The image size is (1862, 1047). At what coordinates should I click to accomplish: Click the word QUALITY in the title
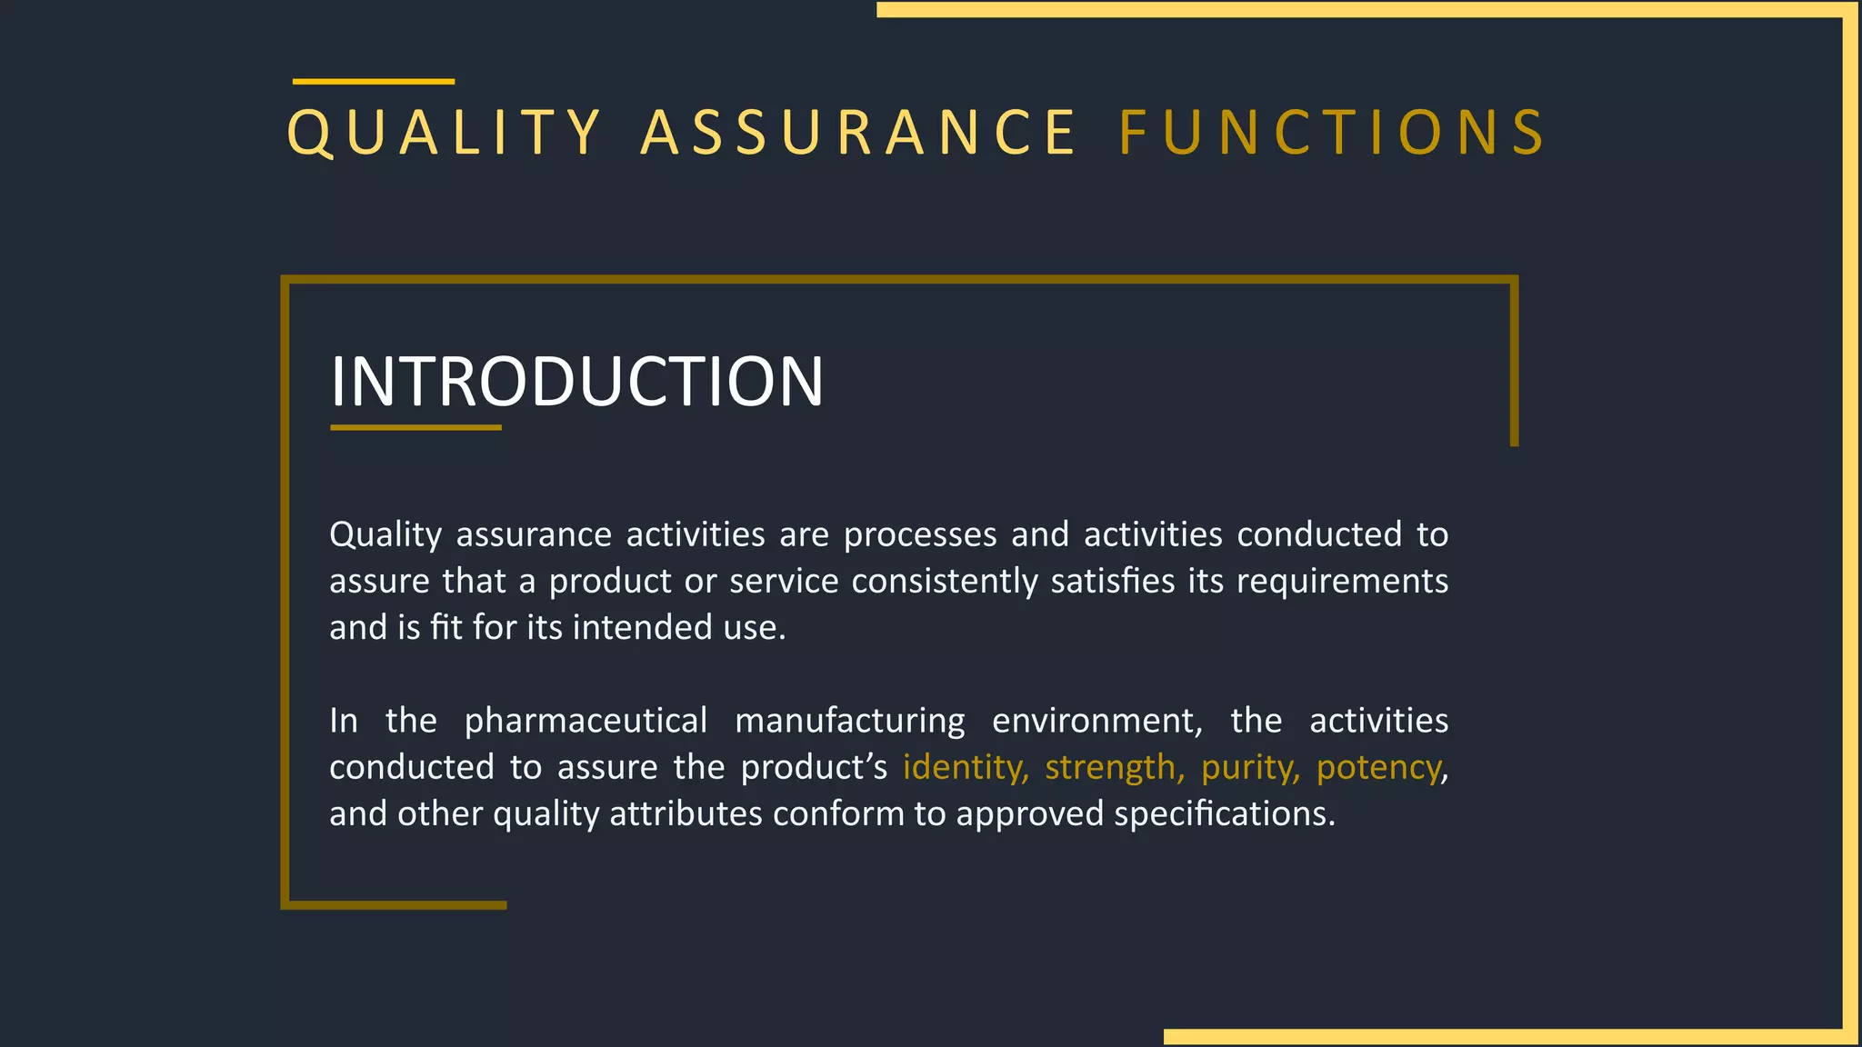(x=444, y=133)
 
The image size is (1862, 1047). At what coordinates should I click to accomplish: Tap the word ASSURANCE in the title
(x=859, y=133)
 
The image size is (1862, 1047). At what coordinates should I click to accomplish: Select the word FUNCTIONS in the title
(x=1332, y=133)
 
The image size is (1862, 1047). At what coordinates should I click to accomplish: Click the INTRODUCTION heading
(x=576, y=382)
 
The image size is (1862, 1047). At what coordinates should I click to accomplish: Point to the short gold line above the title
(x=373, y=82)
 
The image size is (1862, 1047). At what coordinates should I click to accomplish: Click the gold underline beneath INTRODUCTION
(x=415, y=427)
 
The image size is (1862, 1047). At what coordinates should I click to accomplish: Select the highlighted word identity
(x=966, y=768)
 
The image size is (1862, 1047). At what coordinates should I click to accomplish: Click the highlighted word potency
(x=1378, y=768)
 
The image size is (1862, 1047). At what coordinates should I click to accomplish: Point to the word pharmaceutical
(x=586, y=721)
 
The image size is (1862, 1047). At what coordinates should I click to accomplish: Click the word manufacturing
(x=849, y=721)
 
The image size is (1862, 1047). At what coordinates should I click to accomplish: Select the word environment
(x=1096, y=721)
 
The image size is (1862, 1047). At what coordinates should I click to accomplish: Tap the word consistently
(x=945, y=582)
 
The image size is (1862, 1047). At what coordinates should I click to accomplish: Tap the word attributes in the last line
(x=686, y=814)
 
